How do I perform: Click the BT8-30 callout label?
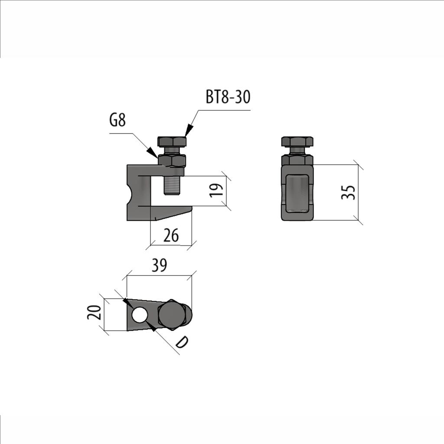[228, 97]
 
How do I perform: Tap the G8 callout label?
[118, 121]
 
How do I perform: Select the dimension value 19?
[217, 190]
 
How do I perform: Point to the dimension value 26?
[171, 235]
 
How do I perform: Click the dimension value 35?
[348, 192]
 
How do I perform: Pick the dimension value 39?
[160, 265]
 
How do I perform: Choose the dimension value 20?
[94, 312]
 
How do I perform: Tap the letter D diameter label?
[181, 342]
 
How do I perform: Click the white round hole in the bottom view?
[140, 315]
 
